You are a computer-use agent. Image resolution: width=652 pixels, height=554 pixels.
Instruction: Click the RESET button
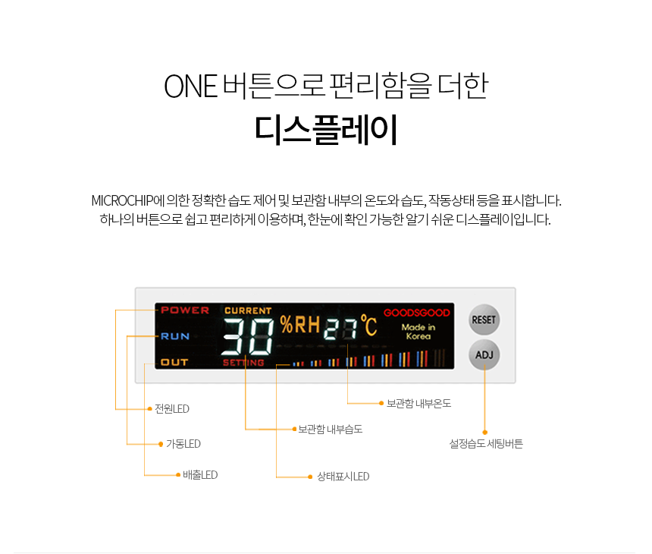pyautogui.click(x=484, y=319)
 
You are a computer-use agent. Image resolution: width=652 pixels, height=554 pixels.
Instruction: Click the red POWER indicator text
pyautogui.click(x=185, y=310)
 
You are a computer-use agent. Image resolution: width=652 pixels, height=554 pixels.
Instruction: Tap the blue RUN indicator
pyautogui.click(x=175, y=336)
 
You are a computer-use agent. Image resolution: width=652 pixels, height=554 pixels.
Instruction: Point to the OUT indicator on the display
pyautogui.click(x=174, y=362)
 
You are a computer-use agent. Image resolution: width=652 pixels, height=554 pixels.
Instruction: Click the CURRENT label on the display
pyautogui.click(x=248, y=310)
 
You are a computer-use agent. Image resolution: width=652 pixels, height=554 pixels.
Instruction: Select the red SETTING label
pyautogui.click(x=243, y=363)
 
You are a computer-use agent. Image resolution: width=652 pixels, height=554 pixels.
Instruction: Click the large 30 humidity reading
pyautogui.click(x=248, y=336)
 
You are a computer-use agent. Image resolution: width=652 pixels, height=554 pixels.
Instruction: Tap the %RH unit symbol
pyautogui.click(x=300, y=325)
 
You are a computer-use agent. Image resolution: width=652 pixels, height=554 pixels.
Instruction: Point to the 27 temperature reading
pyautogui.click(x=341, y=329)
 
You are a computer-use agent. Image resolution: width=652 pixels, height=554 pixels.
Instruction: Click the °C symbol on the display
pyautogui.click(x=368, y=325)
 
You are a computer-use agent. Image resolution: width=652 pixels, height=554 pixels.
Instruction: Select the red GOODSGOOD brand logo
pyautogui.click(x=417, y=313)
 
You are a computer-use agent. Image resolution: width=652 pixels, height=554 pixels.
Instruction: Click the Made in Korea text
pyautogui.click(x=418, y=332)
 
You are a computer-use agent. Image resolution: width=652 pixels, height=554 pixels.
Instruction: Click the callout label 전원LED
pyautogui.click(x=172, y=409)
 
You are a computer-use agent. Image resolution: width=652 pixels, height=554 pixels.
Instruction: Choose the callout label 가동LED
pyautogui.click(x=183, y=444)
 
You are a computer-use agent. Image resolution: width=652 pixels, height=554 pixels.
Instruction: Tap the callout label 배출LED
pyautogui.click(x=200, y=475)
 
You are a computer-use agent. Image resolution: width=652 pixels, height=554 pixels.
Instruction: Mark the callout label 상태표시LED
pyautogui.click(x=343, y=476)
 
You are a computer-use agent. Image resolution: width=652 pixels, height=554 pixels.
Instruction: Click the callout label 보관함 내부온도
pyautogui.click(x=418, y=403)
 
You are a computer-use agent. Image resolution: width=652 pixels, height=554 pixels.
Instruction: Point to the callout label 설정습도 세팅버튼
pyautogui.click(x=486, y=444)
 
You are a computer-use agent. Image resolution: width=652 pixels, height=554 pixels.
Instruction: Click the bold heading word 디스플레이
pyautogui.click(x=326, y=130)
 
